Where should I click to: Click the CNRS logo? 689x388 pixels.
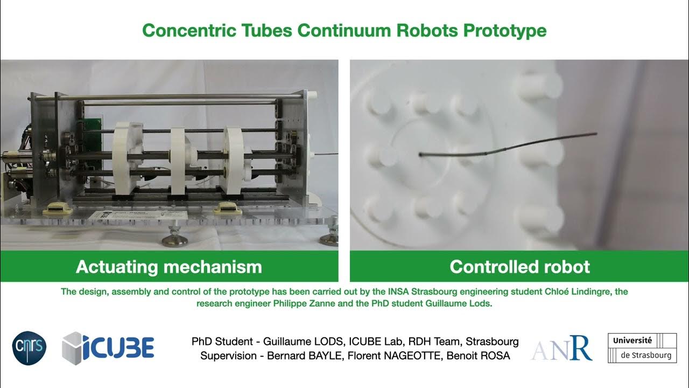point(29,348)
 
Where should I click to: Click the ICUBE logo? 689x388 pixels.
point(108,348)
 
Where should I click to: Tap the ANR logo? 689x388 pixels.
point(561,348)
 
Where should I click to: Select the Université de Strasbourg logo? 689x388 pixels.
point(642,348)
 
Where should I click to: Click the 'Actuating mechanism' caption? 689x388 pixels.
point(168,267)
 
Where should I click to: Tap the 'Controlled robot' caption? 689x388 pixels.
point(519,267)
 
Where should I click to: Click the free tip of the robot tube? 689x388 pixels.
point(595,134)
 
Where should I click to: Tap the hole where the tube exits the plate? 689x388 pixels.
point(420,155)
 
